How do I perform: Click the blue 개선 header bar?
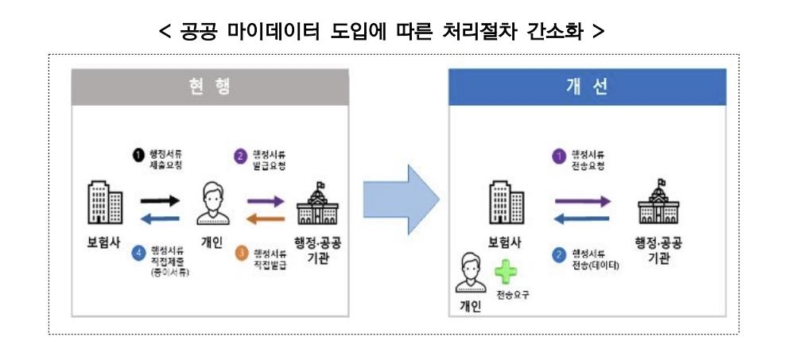[x=587, y=87]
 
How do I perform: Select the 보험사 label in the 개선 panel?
[x=504, y=242]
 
